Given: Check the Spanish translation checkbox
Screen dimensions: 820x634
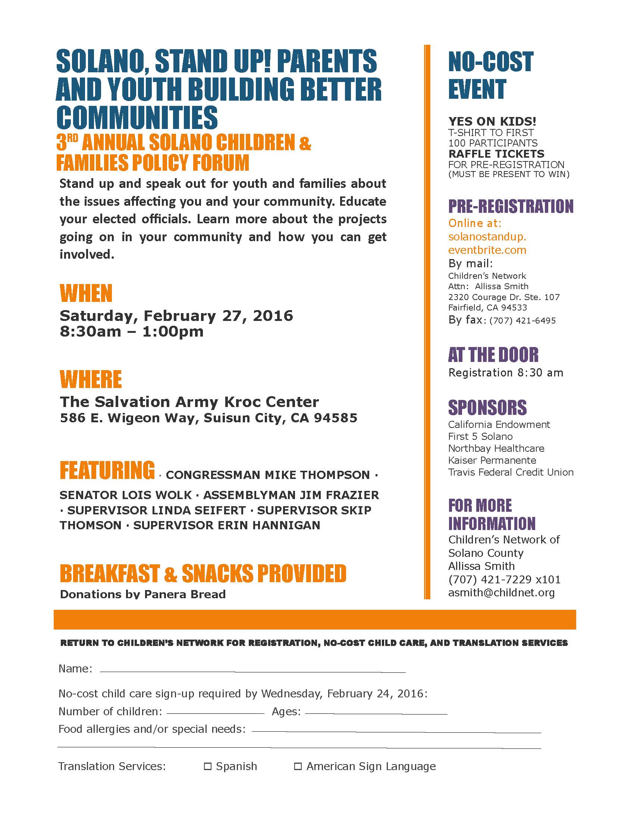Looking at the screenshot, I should [x=207, y=766].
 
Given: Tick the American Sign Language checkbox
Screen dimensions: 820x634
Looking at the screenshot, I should [x=298, y=766].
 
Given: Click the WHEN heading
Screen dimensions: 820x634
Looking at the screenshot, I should [x=86, y=294].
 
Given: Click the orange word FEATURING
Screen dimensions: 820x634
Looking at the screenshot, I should [x=107, y=470].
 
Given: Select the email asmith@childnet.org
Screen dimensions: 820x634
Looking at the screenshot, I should [x=501, y=593].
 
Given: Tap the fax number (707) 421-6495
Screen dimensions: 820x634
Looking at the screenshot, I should [x=522, y=321].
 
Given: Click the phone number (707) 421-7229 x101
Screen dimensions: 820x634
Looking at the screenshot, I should [x=504, y=580].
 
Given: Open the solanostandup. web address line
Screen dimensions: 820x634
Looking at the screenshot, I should [x=487, y=237].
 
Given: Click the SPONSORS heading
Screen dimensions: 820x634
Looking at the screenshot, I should [x=487, y=408].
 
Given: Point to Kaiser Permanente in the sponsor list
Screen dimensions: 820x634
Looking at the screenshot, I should [x=492, y=460].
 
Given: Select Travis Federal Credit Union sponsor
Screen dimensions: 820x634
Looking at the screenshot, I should [x=511, y=472].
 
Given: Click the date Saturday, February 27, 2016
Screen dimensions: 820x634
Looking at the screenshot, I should [x=176, y=316].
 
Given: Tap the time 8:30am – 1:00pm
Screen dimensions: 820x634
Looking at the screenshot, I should [x=131, y=332].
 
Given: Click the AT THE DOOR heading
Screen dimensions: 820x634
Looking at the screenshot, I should [x=493, y=355].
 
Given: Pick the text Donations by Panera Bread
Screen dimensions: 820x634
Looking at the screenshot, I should [x=143, y=594].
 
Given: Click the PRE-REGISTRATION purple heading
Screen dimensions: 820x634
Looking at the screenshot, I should [x=511, y=206].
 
